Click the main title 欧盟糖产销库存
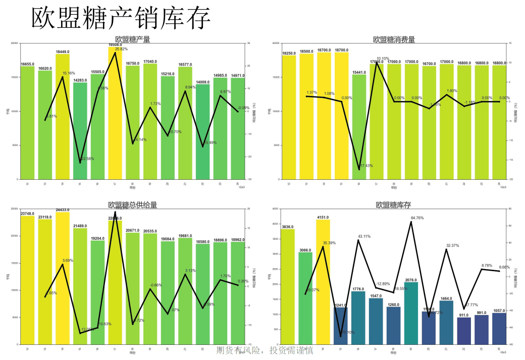pyautogui.click(x=121, y=19)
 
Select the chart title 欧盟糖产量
pyautogui.click(x=132, y=39)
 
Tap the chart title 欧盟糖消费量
pyautogui.click(x=394, y=39)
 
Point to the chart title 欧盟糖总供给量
pyautogui.click(x=132, y=205)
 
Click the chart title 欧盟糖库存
pyautogui.click(x=394, y=205)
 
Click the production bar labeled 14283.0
pyautogui.click(x=80, y=131)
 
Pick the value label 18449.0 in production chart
pyautogui.click(x=63, y=52)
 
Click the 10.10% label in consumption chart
pyautogui.click(x=383, y=59)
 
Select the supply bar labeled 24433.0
pyautogui.click(x=63, y=278)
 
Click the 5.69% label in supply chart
pyautogui.click(x=68, y=261)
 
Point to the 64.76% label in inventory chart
pyautogui.click(x=417, y=218)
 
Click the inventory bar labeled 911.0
pyautogui.click(x=464, y=331)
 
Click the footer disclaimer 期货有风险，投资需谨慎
pyautogui.click(x=265, y=350)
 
